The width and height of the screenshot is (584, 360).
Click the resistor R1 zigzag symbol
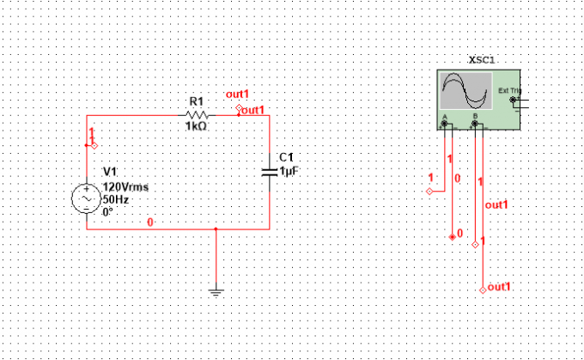(x=197, y=115)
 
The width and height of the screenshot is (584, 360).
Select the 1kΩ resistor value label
(x=197, y=126)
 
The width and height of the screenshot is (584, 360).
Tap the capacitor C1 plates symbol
(x=270, y=172)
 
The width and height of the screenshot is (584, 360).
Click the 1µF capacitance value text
(x=289, y=171)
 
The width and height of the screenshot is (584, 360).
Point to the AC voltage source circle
(x=87, y=198)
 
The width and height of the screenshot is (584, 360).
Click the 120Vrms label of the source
(x=125, y=186)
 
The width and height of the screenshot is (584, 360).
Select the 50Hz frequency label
(x=116, y=199)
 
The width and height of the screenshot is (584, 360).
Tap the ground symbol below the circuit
(x=216, y=292)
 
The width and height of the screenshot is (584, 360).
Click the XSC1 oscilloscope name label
(x=482, y=60)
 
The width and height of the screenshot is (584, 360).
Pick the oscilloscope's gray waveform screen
(x=466, y=91)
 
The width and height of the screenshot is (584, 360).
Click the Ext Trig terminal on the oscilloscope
(x=513, y=100)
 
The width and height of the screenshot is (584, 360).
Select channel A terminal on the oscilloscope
(x=444, y=124)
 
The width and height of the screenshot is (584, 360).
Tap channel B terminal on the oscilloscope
(x=475, y=124)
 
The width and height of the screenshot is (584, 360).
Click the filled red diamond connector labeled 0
(x=453, y=237)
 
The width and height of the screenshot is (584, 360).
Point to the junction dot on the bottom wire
(x=216, y=229)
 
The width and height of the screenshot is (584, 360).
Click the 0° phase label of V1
(x=107, y=212)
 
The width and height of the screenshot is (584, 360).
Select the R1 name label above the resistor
(x=197, y=101)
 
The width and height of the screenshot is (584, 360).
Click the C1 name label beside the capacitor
(x=286, y=157)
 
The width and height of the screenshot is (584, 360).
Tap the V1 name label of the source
(x=110, y=172)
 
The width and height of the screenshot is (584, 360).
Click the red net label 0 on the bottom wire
(x=150, y=223)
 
